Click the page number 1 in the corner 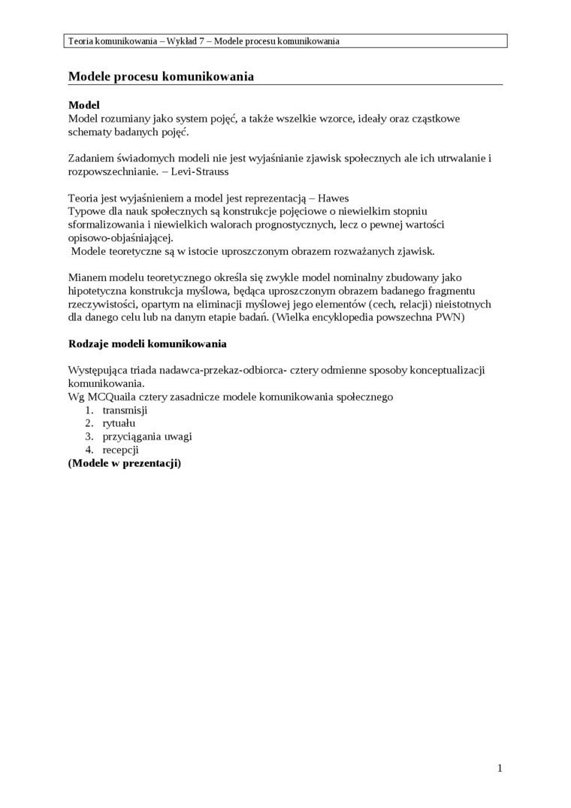pyautogui.click(x=500, y=768)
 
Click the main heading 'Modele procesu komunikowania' pyautogui.click(x=161, y=77)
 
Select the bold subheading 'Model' pyautogui.click(x=83, y=105)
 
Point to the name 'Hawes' pyautogui.click(x=334, y=198)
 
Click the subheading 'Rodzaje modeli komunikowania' pyautogui.click(x=147, y=343)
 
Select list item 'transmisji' pyautogui.click(x=125, y=410)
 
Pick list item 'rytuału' pyautogui.click(x=119, y=423)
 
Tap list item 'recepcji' pyautogui.click(x=120, y=450)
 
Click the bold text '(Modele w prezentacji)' pyautogui.click(x=125, y=464)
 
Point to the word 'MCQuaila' pyautogui.click(x=111, y=396)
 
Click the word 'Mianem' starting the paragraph pyautogui.click(x=87, y=277)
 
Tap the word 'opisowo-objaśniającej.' pyautogui.click(x=120, y=238)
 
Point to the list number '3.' pyautogui.click(x=88, y=437)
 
